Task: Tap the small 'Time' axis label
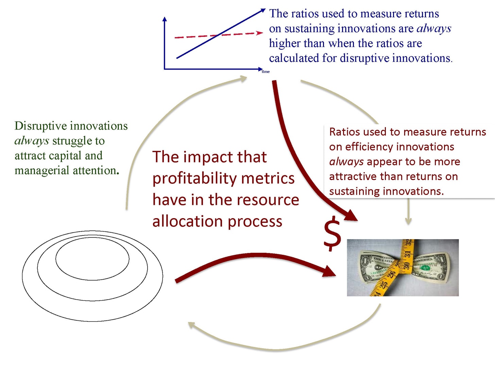tap(266, 72)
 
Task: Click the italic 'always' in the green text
tap(32, 141)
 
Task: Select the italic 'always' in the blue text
tap(434, 29)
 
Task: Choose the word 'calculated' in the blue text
tap(294, 58)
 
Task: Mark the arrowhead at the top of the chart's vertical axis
tap(165, 19)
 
